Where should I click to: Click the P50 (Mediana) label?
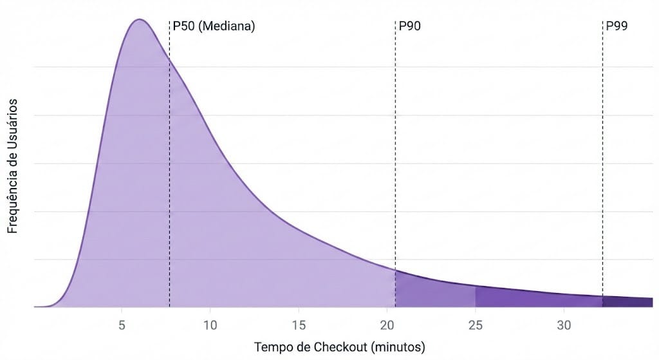[x=214, y=26]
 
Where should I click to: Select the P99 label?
[x=617, y=26]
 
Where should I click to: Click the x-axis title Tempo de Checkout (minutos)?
[x=340, y=347]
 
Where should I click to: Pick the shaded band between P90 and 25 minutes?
[x=434, y=293]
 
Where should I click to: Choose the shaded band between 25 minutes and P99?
[x=537, y=299]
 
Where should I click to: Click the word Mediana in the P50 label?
[x=228, y=26]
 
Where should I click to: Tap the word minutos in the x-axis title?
[x=398, y=347]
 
